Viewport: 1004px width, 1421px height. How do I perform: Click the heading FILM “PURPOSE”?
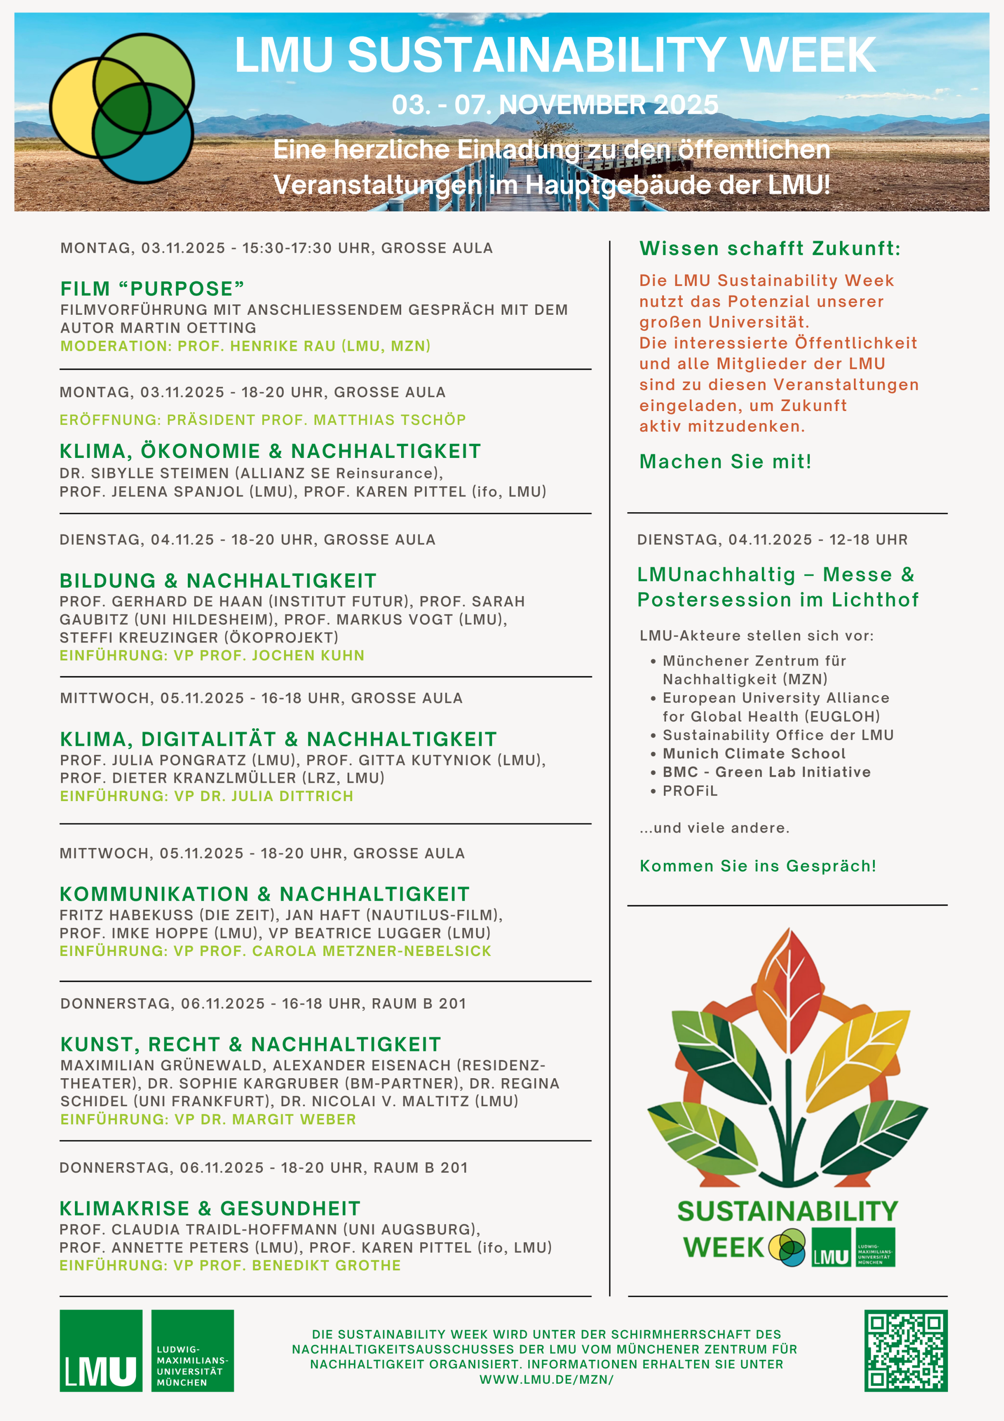click(x=152, y=288)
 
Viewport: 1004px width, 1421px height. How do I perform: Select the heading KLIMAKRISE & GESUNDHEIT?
click(x=210, y=1208)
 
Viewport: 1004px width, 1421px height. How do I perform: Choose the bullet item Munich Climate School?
click(x=753, y=753)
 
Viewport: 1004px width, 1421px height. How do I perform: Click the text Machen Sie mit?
click(x=725, y=461)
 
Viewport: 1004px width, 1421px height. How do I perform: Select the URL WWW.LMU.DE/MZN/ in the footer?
click(x=546, y=1380)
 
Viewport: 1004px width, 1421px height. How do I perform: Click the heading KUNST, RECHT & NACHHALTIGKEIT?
click(x=251, y=1044)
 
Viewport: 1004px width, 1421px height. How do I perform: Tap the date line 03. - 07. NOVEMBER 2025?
click(x=555, y=105)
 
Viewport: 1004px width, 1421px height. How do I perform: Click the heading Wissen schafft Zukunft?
click(x=770, y=248)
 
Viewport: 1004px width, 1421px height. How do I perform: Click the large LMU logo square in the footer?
click(x=101, y=1350)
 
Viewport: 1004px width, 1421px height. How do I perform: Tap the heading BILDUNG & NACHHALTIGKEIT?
click(x=218, y=581)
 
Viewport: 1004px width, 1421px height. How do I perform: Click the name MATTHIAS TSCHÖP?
click(x=390, y=420)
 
